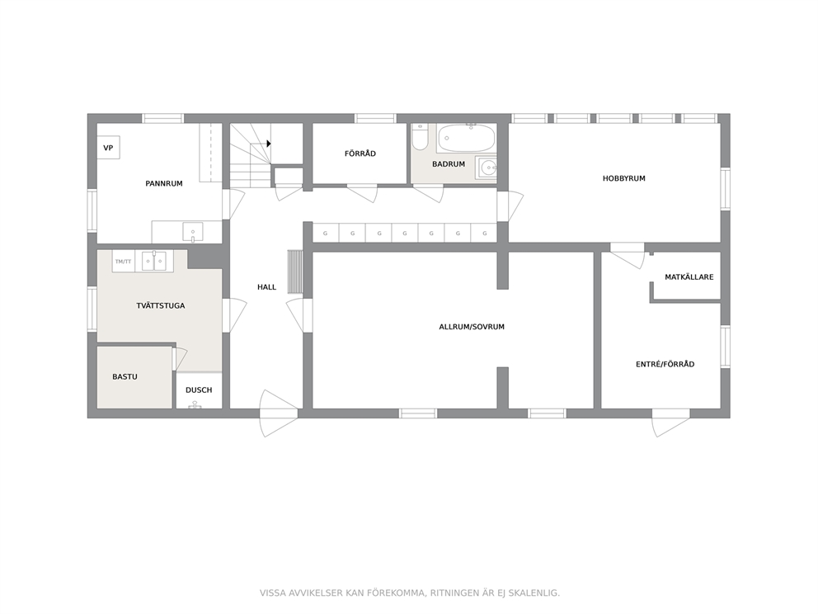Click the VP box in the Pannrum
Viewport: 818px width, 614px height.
(x=108, y=148)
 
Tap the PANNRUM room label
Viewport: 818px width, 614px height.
(x=164, y=184)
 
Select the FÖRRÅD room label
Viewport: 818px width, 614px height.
(x=360, y=153)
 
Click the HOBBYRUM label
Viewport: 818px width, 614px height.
(x=624, y=178)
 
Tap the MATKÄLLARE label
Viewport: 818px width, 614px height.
(x=689, y=277)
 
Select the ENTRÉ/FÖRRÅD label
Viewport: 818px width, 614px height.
(x=665, y=365)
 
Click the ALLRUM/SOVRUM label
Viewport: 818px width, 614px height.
(x=472, y=327)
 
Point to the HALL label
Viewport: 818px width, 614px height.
(x=266, y=287)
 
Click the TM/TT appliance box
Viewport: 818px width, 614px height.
(x=124, y=261)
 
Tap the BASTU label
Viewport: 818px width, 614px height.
(x=125, y=376)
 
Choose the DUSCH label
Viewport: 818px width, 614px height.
(x=199, y=390)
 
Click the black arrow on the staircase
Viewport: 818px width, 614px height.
(x=269, y=143)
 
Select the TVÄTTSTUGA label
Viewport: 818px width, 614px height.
(x=161, y=306)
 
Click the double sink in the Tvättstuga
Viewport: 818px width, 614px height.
(x=154, y=261)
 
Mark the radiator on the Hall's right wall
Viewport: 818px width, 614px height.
(x=295, y=272)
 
